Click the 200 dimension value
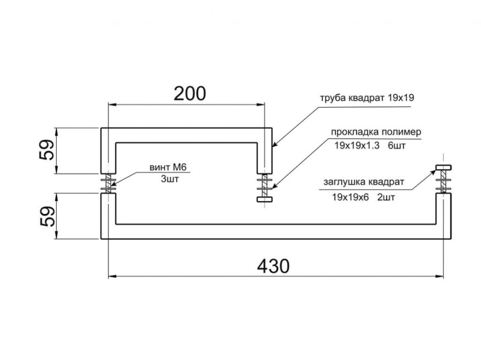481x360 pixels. pos(190,93)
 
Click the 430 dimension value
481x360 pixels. pos(273,266)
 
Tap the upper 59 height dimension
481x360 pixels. pos(47,150)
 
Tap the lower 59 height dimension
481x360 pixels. pos(47,217)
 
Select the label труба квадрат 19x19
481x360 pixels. pos(367,98)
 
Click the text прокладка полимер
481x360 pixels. pos(376,132)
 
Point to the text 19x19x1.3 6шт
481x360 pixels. pos(370,146)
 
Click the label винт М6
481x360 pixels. pos(168,167)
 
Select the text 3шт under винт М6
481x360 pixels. pos(169,179)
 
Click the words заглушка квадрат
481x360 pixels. pos(364,182)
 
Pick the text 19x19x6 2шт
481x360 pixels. pos(363,197)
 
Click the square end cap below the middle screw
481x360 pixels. pos(264,200)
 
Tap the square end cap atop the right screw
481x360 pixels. pos(443,167)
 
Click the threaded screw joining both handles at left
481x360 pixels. pos(108,184)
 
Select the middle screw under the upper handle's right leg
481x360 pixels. pos(264,185)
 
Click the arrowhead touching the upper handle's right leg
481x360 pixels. pos(275,144)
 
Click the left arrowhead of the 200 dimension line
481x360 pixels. pos(113,105)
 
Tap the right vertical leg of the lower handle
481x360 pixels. pos(443,216)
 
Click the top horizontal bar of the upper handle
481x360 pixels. pos(187,135)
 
